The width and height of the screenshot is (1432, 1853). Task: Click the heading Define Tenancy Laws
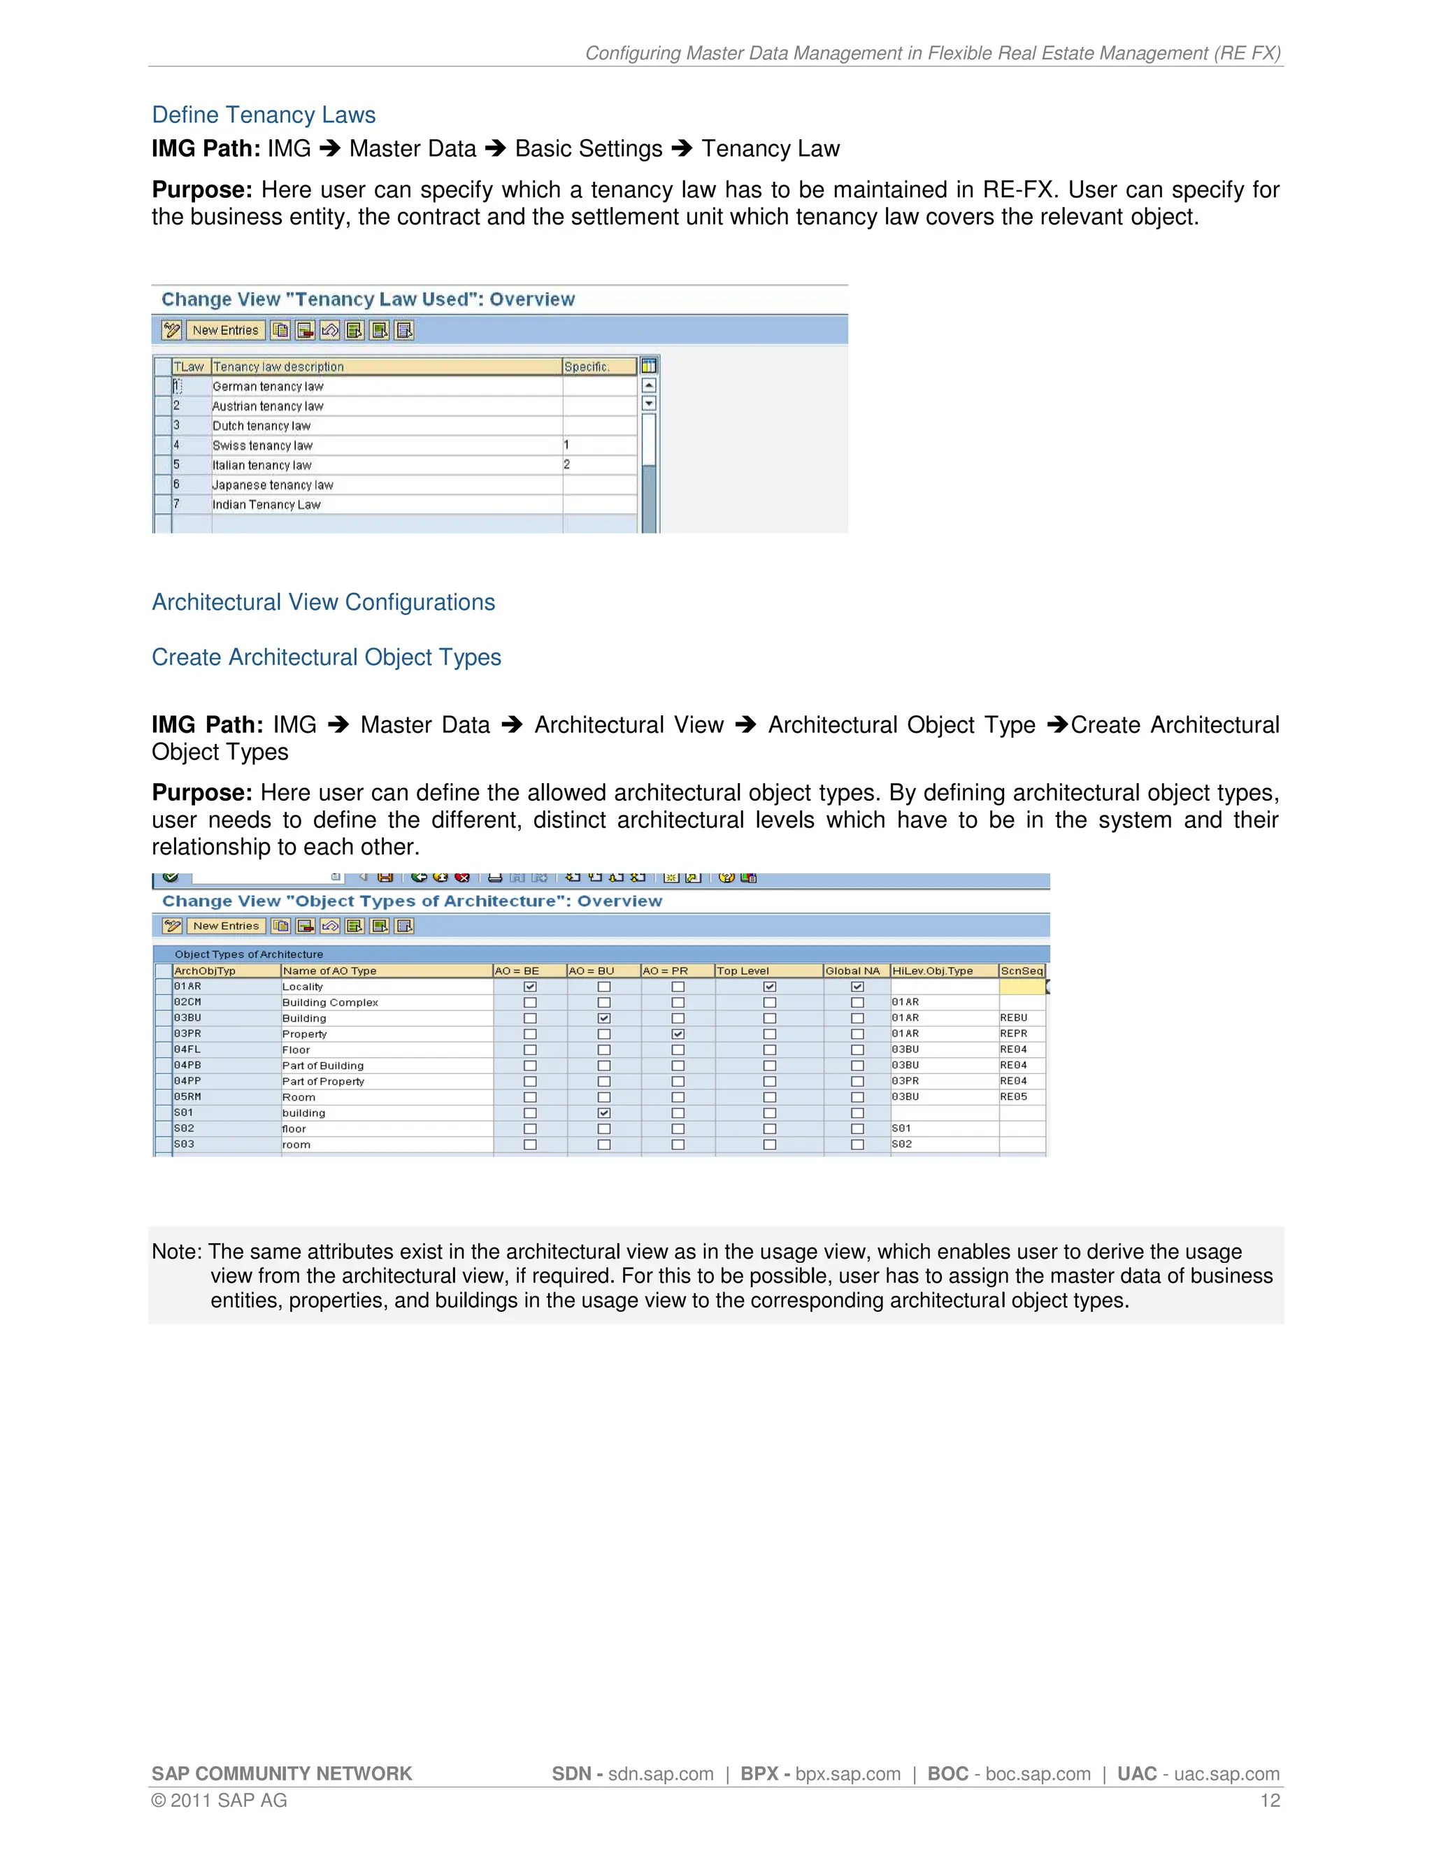(263, 115)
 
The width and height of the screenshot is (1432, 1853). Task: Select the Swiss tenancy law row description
(262, 445)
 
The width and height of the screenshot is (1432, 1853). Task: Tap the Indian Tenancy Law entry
(266, 505)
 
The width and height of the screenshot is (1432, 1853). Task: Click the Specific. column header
(587, 366)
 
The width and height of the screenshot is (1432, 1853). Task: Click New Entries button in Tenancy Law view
(225, 330)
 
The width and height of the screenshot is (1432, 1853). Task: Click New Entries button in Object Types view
(225, 926)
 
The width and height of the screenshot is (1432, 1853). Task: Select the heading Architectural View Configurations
(323, 602)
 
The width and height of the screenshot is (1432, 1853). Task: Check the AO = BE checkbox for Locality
(530, 987)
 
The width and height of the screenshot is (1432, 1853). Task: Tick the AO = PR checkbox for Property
(678, 1034)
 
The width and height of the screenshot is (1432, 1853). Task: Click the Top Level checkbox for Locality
(769, 987)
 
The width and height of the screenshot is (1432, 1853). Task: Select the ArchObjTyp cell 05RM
(187, 1097)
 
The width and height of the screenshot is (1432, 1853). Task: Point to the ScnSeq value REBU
(1013, 1018)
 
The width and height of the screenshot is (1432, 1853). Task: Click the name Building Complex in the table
(330, 1003)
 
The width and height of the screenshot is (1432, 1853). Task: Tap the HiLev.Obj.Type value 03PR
(905, 1082)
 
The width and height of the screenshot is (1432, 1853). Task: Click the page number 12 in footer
(1269, 1801)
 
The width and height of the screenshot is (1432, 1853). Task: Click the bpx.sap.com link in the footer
(847, 1774)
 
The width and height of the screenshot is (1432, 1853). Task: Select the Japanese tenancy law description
(272, 485)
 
